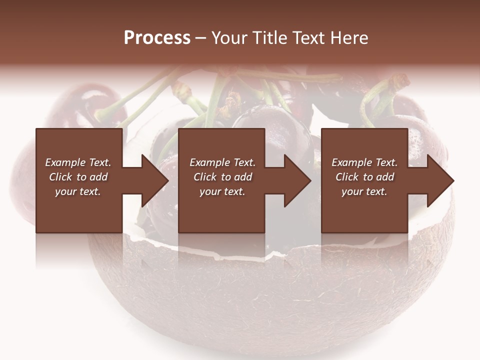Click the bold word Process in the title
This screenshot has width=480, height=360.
coord(157,38)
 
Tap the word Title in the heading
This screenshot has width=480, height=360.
coord(269,38)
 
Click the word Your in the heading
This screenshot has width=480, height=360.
coord(230,38)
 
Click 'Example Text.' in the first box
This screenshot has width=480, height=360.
coord(78,162)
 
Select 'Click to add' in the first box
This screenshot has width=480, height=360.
coord(78,177)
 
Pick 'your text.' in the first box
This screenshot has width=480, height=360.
coord(78,191)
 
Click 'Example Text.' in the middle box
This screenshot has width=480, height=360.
coord(222,162)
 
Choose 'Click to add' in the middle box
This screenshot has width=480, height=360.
coord(222,177)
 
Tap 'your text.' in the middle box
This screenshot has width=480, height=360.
coord(222,191)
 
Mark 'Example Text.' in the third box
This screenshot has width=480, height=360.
coord(364,162)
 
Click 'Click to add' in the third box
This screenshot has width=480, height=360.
coord(364,177)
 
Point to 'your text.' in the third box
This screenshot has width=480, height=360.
coord(364,191)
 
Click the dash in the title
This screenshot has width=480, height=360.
coord(200,38)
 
